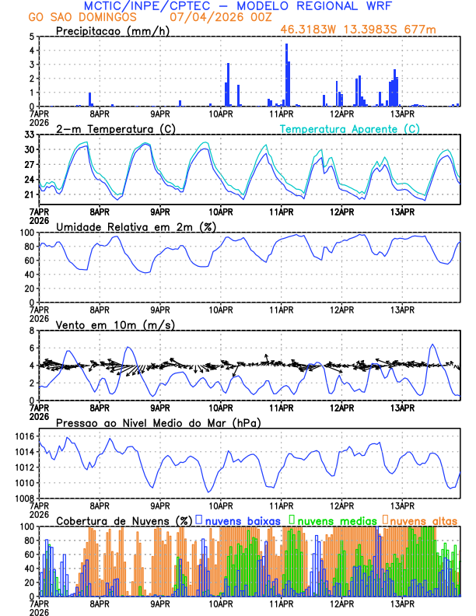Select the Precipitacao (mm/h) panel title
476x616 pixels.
(x=110, y=30)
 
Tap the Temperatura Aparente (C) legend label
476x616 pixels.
(x=350, y=128)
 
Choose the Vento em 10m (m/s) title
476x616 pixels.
(x=115, y=324)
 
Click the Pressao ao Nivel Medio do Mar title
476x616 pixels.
(x=158, y=422)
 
